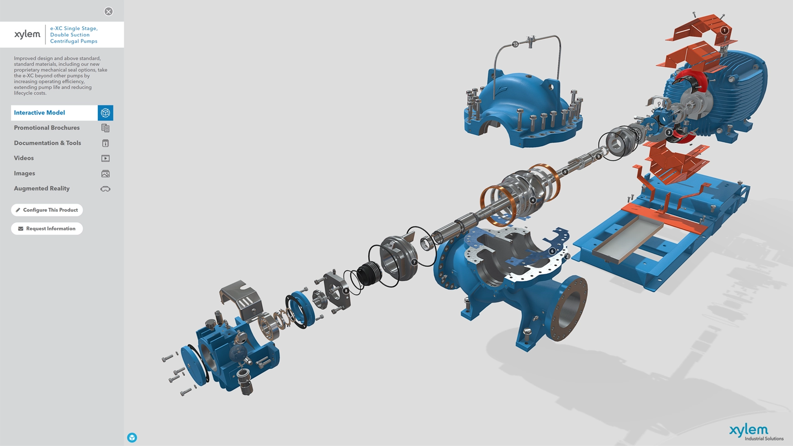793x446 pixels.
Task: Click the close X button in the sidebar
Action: (x=108, y=11)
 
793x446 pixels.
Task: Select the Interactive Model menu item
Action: (x=54, y=113)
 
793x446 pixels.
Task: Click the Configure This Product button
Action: (x=47, y=210)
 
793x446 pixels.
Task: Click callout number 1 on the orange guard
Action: (x=724, y=31)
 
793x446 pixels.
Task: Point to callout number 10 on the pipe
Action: (x=515, y=44)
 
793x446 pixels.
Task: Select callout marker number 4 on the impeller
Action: (x=533, y=200)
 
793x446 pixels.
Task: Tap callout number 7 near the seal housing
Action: (x=414, y=262)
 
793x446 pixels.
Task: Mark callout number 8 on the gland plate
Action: (x=346, y=290)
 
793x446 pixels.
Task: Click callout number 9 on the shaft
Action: (x=598, y=157)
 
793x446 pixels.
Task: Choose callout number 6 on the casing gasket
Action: (x=552, y=251)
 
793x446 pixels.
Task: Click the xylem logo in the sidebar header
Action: (x=27, y=34)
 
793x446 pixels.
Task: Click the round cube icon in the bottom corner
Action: (x=132, y=438)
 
